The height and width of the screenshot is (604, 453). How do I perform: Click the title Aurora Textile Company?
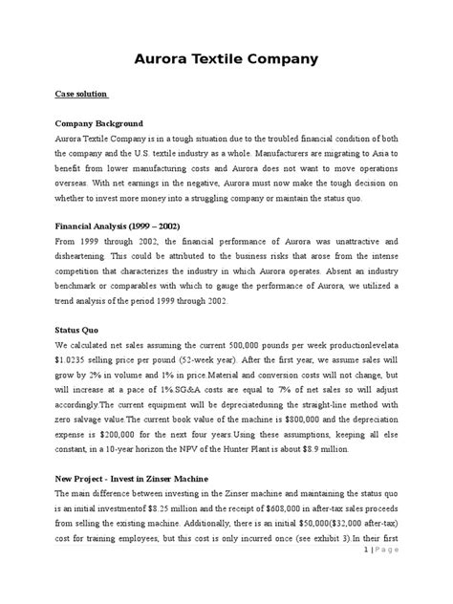point(226,60)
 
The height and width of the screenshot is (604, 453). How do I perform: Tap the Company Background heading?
point(98,124)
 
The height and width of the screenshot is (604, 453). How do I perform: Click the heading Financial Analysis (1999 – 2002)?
point(120,226)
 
